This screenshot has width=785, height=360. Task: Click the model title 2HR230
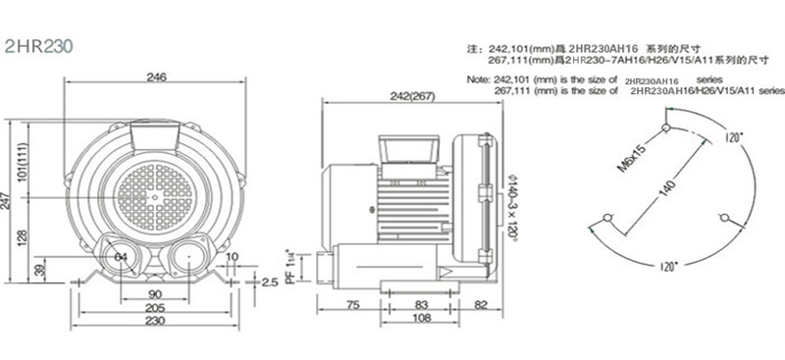point(35,46)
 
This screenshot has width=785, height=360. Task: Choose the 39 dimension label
point(39,271)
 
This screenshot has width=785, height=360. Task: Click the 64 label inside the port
point(122,257)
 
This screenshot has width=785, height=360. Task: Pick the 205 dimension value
point(155,308)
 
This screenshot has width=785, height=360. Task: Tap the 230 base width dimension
point(155,322)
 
